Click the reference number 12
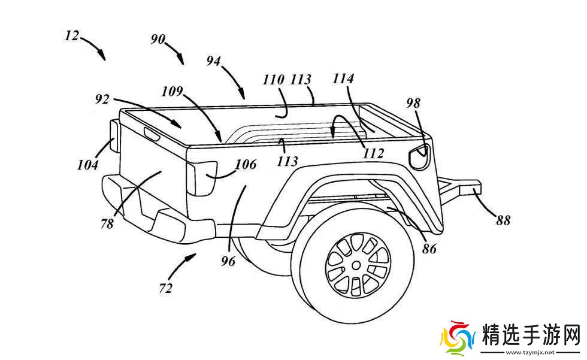[x=72, y=36]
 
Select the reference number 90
[x=158, y=40]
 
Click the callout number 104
[x=87, y=165]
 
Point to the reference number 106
[x=246, y=164]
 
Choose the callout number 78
[x=107, y=225]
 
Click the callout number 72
[x=166, y=288]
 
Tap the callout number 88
[x=503, y=220]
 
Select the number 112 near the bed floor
[x=373, y=153]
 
